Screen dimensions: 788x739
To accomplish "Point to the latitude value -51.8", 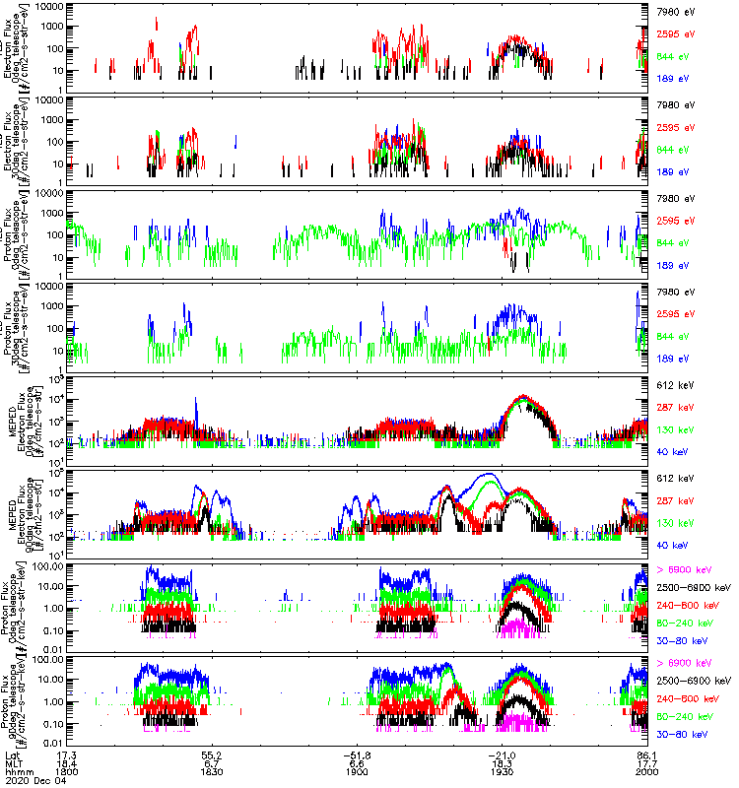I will click(x=360, y=752).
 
